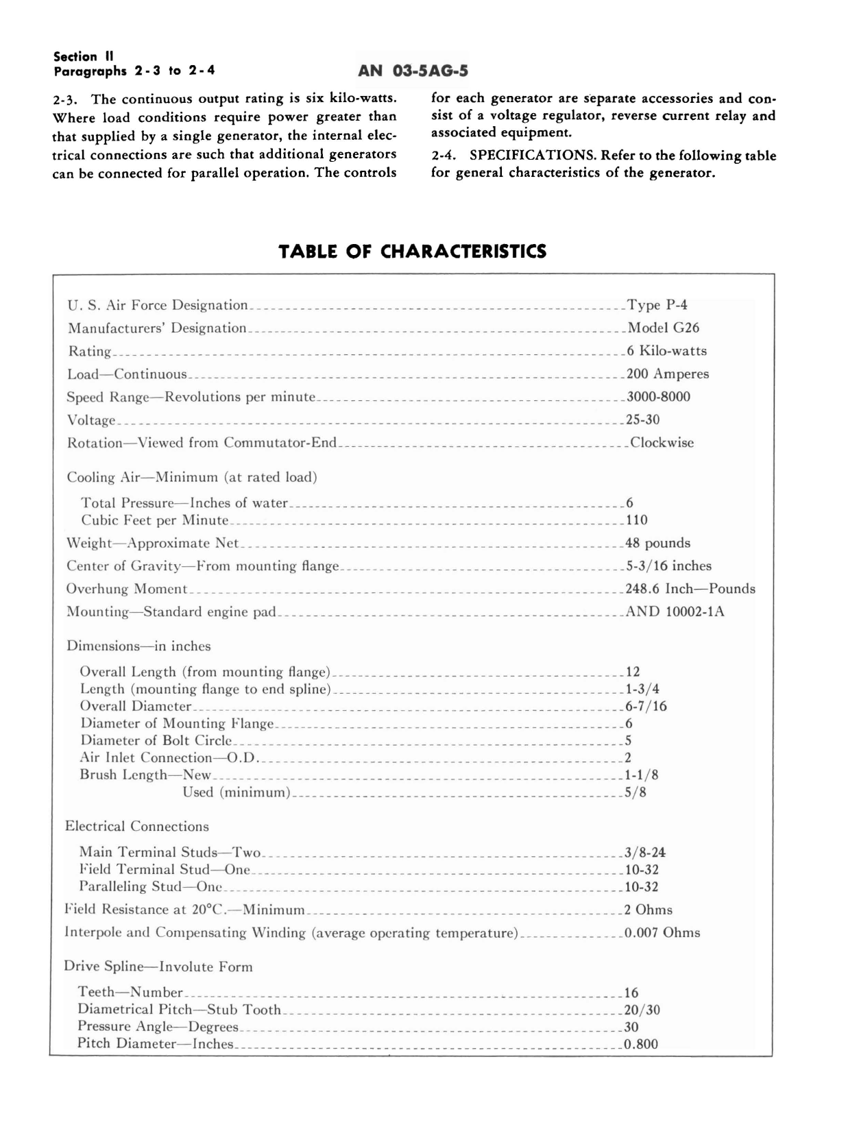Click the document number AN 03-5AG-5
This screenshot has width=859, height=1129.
413,71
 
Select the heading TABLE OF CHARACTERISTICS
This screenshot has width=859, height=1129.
413,252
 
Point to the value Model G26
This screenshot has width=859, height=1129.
664,328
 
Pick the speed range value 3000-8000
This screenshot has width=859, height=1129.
658,397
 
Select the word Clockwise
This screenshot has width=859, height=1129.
662,443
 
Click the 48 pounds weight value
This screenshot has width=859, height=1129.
657,543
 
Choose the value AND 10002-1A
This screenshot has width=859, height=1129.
675,611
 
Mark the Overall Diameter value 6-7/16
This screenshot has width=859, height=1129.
646,706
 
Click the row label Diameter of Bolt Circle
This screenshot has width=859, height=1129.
156,740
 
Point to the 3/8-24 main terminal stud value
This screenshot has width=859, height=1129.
645,853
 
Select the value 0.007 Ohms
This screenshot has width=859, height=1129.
662,933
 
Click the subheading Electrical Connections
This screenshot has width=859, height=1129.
137,827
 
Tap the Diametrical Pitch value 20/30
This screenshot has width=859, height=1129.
642,1010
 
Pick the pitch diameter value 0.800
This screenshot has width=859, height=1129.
641,1045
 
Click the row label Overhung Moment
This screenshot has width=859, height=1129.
127,589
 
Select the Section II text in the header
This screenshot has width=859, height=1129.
84,57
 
